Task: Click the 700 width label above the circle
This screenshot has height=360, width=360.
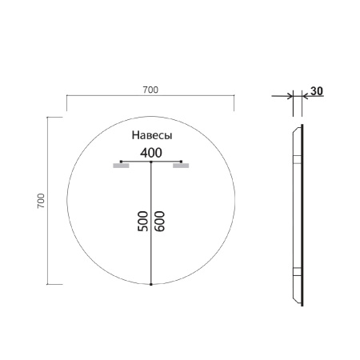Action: (150, 90)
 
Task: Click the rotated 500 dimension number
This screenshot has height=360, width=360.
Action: (142, 222)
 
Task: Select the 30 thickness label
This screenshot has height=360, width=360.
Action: (316, 90)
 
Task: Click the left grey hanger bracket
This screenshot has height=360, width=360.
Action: (121, 167)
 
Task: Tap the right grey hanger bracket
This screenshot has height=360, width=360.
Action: (181, 167)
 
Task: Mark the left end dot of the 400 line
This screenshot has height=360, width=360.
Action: (120, 162)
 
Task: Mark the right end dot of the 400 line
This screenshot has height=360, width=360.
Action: (182, 162)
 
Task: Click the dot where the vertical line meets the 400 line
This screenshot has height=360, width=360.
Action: (150, 162)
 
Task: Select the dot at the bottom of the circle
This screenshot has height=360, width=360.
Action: (150, 284)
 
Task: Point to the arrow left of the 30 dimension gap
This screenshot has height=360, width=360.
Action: (286, 97)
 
